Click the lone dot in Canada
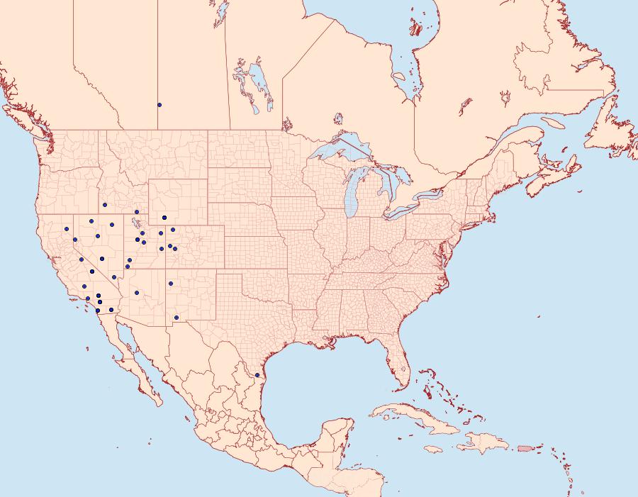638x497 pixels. [x=159, y=105]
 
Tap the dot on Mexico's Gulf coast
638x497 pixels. [x=257, y=375]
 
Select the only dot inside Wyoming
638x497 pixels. [x=164, y=218]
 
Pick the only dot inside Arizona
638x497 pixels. [x=137, y=292]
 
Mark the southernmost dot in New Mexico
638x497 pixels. [x=176, y=317]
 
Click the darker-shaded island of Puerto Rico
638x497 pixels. [x=525, y=448]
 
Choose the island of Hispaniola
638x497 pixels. [x=482, y=445]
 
